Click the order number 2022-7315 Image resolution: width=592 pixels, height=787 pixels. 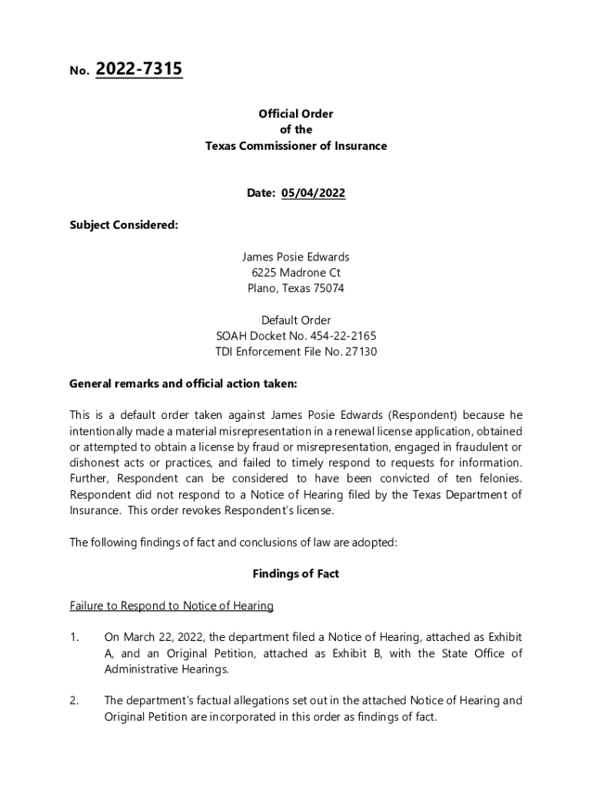(x=138, y=70)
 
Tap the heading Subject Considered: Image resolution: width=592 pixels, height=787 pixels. (x=124, y=225)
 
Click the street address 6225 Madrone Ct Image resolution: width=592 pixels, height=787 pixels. (x=296, y=273)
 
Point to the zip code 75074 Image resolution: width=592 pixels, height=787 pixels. (x=328, y=288)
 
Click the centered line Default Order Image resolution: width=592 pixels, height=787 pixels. (x=296, y=320)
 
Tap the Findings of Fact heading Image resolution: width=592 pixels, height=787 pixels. (x=296, y=573)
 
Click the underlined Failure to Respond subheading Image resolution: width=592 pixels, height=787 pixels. (x=171, y=606)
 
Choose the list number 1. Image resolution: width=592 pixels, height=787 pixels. (x=74, y=637)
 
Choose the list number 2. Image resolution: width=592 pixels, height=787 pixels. (x=75, y=700)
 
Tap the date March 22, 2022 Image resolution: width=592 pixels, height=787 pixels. (x=162, y=637)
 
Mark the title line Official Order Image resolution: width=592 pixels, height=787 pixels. (x=296, y=114)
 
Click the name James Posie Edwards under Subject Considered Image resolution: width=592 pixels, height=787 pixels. (x=296, y=257)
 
